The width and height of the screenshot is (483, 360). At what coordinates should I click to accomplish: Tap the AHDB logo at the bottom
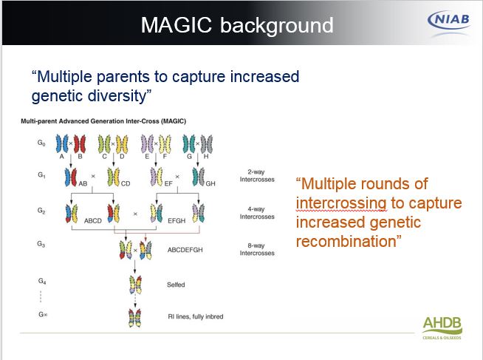(x=442, y=327)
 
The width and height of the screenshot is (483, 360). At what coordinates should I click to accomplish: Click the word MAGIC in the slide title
(x=177, y=25)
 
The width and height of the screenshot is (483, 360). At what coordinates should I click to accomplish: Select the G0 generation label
(x=41, y=143)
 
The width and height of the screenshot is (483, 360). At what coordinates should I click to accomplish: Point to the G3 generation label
(x=41, y=244)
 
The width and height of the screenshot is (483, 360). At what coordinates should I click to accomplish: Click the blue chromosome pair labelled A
(x=62, y=143)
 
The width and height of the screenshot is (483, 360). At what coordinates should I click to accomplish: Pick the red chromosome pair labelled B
(x=80, y=144)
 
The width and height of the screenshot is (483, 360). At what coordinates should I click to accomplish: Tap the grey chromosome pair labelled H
(x=206, y=144)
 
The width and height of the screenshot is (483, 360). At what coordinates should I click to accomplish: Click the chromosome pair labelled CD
(x=114, y=177)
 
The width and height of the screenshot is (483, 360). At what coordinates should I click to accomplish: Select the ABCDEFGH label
(x=185, y=250)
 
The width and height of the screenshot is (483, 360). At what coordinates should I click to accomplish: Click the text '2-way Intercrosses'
(x=257, y=176)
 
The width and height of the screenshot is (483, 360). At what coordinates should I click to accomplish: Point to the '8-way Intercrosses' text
(x=257, y=249)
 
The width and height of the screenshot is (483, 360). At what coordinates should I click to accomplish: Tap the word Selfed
(x=176, y=285)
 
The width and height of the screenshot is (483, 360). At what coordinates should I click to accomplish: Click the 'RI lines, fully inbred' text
(x=196, y=316)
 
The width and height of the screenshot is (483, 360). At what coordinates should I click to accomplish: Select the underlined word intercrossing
(x=341, y=203)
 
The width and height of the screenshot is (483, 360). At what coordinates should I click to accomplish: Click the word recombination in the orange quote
(x=346, y=241)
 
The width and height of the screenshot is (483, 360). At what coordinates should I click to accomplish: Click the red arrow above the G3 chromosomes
(x=145, y=237)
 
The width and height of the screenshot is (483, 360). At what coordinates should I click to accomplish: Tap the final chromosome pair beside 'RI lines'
(x=134, y=318)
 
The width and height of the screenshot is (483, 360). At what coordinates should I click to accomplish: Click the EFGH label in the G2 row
(x=177, y=221)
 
